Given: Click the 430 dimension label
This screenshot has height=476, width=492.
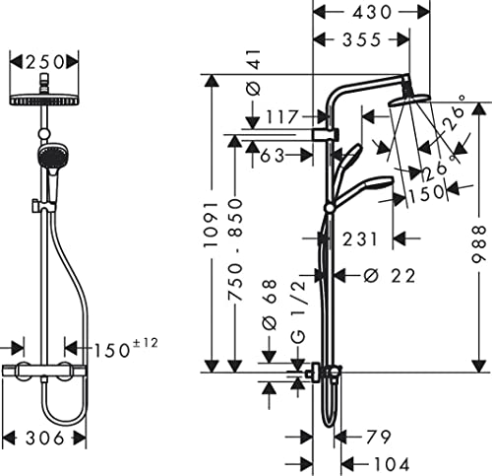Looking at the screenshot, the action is point(372,13).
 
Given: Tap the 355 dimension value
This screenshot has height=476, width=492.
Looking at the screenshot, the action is point(362,39).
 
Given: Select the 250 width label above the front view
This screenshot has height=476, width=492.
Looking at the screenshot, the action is point(44,62).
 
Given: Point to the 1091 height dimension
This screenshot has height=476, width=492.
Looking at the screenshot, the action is point(211,224).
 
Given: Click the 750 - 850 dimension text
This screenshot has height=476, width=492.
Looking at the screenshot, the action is point(235,249).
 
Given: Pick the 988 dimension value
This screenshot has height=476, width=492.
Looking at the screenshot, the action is point(478,243).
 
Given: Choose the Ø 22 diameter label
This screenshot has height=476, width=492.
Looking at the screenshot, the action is point(390,275).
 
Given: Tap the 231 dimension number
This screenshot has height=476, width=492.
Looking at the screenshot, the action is point(360,238).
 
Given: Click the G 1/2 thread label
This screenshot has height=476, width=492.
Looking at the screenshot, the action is point(299,311).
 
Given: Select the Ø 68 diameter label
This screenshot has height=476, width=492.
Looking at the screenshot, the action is point(270,305).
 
